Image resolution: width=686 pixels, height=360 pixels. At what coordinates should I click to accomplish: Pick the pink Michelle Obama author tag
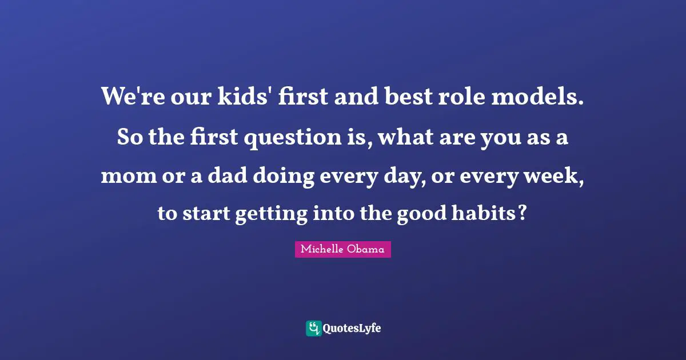pos(343,249)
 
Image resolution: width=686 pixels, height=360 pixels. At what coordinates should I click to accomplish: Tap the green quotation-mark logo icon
pos(313,328)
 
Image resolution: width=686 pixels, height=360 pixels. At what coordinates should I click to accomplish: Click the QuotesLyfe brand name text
pos(352,328)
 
